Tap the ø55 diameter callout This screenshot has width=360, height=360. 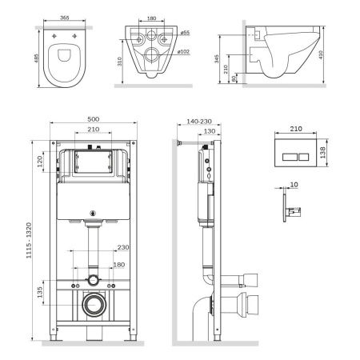(x=184, y=33)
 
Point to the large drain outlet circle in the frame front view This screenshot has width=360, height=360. (x=94, y=305)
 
